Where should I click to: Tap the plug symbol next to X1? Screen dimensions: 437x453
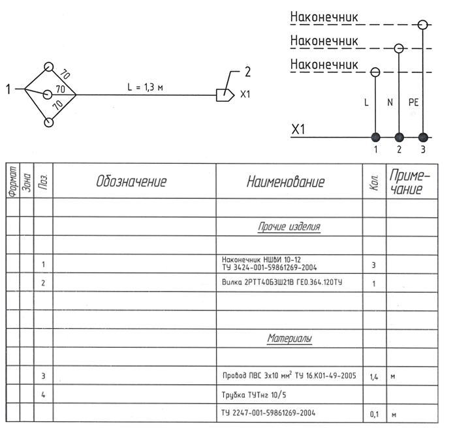pyautogui.click(x=225, y=95)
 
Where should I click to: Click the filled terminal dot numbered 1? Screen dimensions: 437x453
pyautogui.click(x=375, y=137)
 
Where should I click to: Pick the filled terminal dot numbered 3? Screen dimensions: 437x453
pyautogui.click(x=424, y=137)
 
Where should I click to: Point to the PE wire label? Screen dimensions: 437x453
pyautogui.click(x=413, y=102)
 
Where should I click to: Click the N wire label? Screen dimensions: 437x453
pyautogui.click(x=390, y=102)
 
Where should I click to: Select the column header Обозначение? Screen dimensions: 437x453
pyautogui.click(x=131, y=181)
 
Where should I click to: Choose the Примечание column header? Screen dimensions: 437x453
pyautogui.click(x=409, y=181)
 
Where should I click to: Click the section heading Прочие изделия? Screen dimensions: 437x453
pyautogui.click(x=289, y=228)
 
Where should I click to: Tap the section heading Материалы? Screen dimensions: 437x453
pyautogui.click(x=289, y=339)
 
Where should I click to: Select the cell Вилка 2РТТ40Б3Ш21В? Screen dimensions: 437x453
pyautogui.click(x=283, y=283)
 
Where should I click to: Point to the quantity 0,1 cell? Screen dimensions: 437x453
pyautogui.click(x=374, y=414)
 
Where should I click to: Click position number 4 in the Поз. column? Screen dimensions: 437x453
pyautogui.click(x=42, y=395)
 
